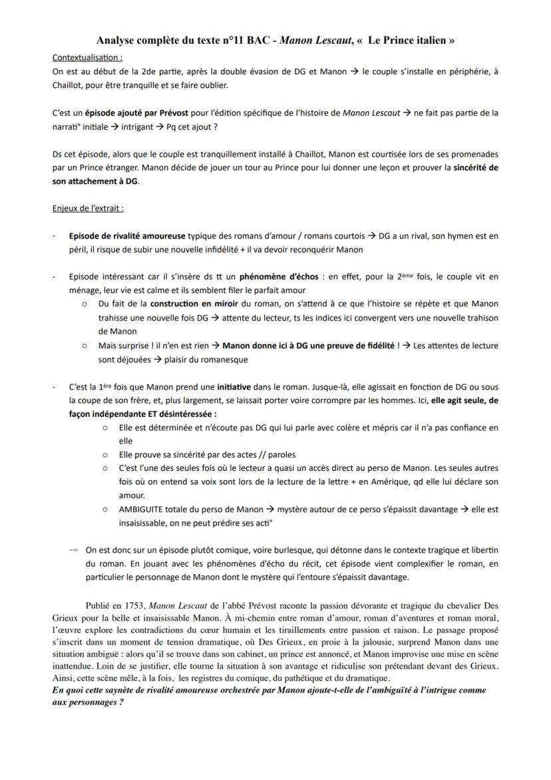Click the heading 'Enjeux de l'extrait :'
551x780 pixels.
tap(88, 208)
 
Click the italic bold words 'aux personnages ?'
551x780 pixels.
tap(88, 703)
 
